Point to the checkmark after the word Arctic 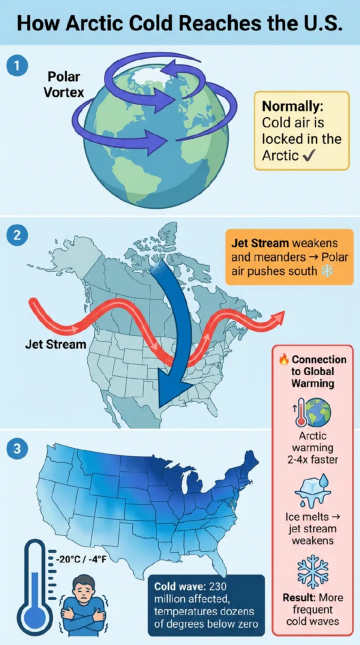click(x=308, y=155)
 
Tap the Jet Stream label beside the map click(x=55, y=344)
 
